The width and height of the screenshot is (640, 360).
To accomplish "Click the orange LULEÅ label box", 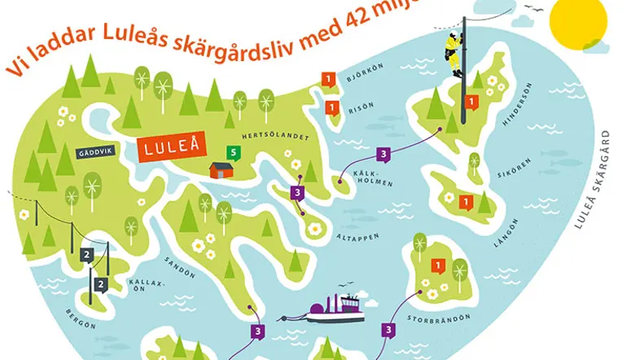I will [x=171, y=150].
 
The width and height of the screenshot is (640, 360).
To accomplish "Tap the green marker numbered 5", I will [x=234, y=151].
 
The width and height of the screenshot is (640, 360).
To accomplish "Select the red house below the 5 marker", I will [x=222, y=169].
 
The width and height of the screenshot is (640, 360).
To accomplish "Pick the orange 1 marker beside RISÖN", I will [x=332, y=107].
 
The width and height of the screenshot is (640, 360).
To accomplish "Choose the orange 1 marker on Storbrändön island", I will [x=437, y=265].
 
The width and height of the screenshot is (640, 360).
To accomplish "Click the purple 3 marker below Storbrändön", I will [x=389, y=330].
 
